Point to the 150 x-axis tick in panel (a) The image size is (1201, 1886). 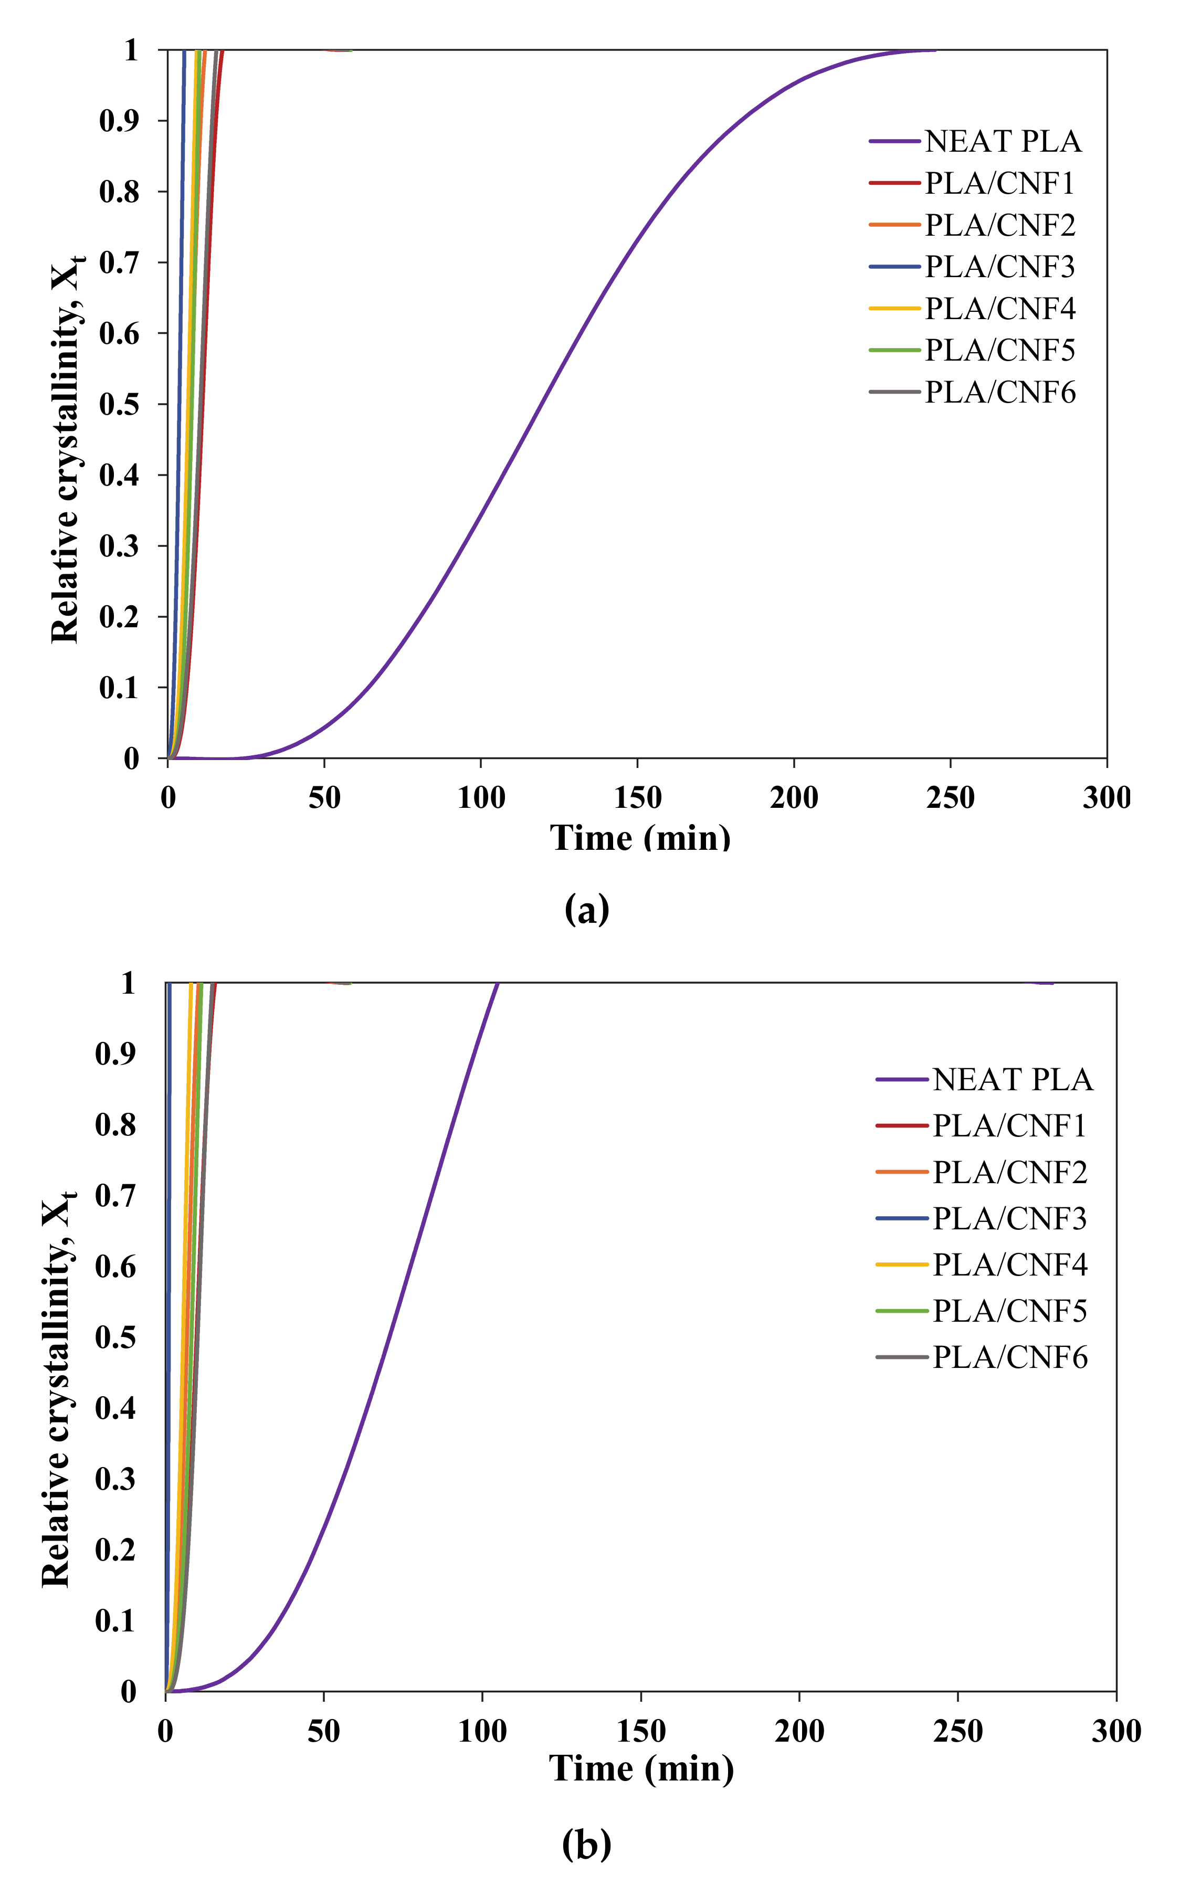637,798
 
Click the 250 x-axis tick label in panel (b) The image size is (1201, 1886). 957,1731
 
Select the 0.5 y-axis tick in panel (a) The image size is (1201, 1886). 119,405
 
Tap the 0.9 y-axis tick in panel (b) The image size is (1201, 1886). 115,1054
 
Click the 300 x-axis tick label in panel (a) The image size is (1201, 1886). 1106,798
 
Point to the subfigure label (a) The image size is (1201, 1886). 586,909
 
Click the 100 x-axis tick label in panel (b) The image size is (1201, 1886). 482,1731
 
